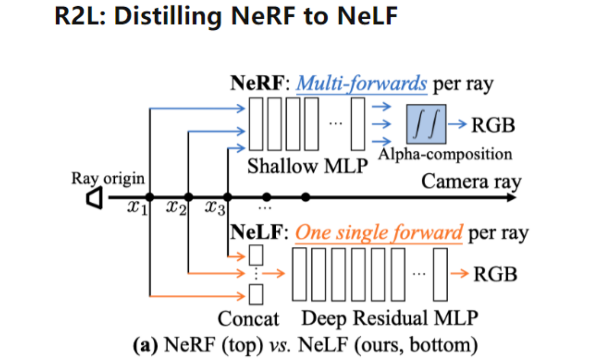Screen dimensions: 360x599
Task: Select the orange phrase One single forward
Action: coord(379,233)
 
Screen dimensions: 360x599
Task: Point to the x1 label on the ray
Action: coord(136,209)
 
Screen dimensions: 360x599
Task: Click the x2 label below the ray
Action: coord(176,209)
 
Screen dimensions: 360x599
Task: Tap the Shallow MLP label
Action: coord(307,166)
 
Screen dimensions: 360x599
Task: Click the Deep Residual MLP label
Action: coord(390,319)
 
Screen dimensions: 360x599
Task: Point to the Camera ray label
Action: coord(471,181)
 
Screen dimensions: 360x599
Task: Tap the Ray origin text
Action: coord(108,178)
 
